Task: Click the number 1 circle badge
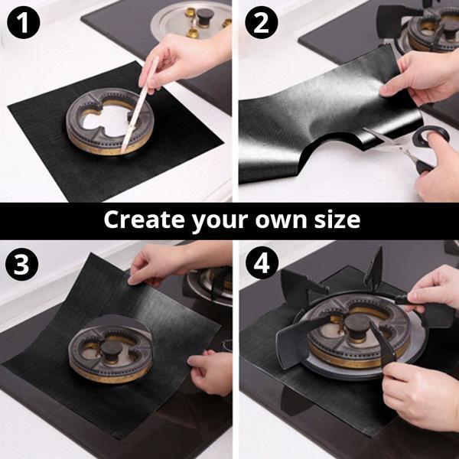[24, 22]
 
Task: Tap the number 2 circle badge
[262, 22]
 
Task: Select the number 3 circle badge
[21, 264]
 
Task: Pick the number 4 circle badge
[262, 262]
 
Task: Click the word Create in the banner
[144, 220]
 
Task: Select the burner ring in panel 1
[109, 122]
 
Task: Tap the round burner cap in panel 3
[111, 350]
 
